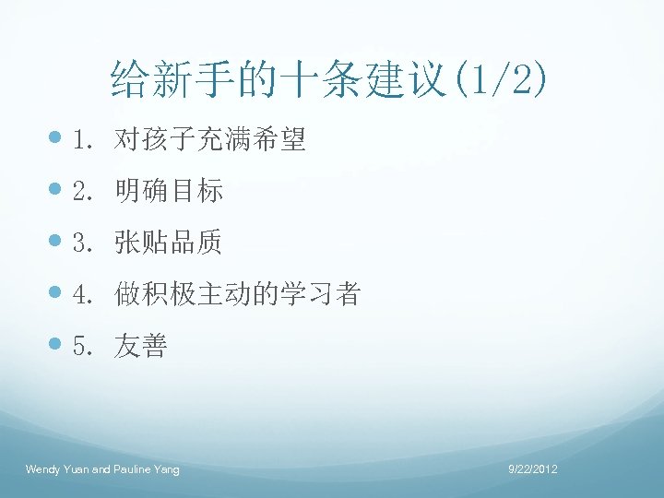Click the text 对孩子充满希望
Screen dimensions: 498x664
click(209, 140)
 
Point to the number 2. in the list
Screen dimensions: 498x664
click(86, 192)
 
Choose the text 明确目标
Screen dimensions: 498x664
click(169, 192)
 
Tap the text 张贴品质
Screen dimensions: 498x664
click(169, 243)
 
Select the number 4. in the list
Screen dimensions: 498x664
click(86, 295)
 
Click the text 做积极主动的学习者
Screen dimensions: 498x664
click(237, 295)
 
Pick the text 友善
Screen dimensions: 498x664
click(141, 347)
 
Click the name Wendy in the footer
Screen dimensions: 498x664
click(42, 470)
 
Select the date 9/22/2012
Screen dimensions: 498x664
click(534, 470)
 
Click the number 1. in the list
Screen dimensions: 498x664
click(86, 140)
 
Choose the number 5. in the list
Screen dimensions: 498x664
click(86, 347)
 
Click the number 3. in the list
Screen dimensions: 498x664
click(86, 243)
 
